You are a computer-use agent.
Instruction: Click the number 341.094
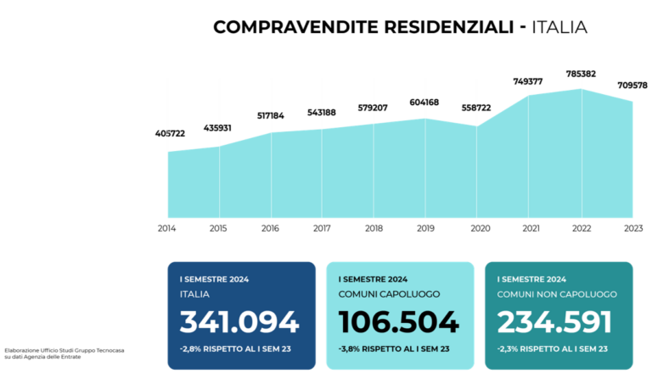(x=239, y=322)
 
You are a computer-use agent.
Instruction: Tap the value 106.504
(x=398, y=322)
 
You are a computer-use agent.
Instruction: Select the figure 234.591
(x=554, y=322)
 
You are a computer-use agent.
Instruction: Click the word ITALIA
(x=194, y=294)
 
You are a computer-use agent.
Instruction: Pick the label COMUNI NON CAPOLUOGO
(x=557, y=294)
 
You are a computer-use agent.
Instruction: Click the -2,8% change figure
(x=191, y=348)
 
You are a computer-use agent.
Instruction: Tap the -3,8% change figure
(x=350, y=348)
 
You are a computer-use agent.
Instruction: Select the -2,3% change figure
(x=508, y=348)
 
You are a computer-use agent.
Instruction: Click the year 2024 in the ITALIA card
(x=238, y=279)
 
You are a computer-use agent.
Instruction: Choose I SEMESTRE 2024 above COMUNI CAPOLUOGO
(x=373, y=279)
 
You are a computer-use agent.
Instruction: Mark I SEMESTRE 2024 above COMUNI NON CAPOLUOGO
(x=531, y=279)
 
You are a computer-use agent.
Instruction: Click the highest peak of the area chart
(x=582, y=89)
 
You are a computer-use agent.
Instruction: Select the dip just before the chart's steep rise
(x=476, y=125)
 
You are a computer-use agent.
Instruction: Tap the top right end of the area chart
(x=633, y=102)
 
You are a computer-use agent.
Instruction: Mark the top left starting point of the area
(x=168, y=151)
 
